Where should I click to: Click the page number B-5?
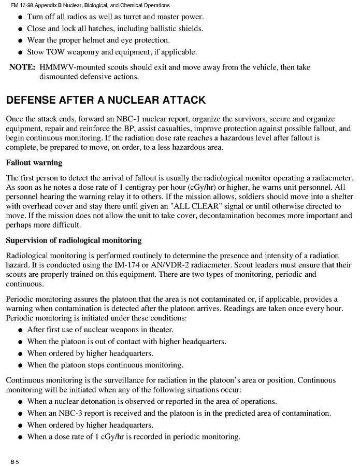12,460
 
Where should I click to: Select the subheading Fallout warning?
34,162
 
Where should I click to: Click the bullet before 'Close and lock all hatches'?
20,28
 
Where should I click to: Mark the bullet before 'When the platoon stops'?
20,365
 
